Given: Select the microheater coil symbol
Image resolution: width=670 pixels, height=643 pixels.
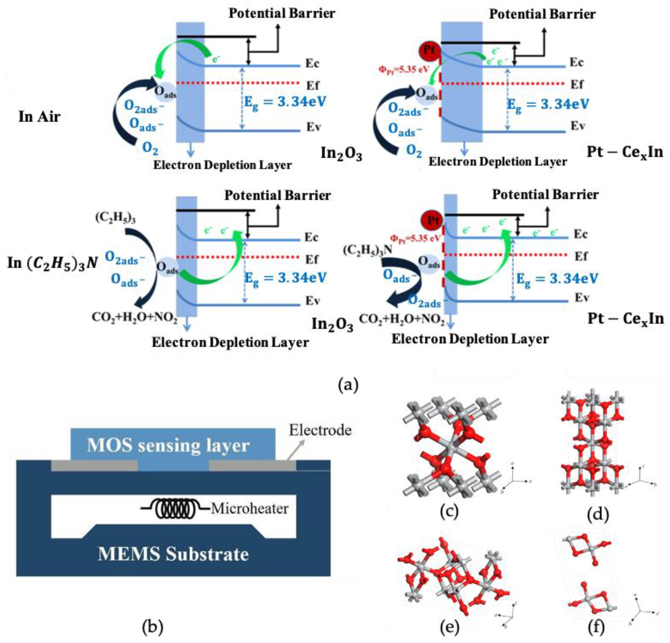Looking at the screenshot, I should tap(176, 509).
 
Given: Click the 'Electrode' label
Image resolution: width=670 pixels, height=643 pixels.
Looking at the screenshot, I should tap(320, 430).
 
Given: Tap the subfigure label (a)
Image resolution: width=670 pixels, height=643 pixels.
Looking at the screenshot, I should tap(348, 385).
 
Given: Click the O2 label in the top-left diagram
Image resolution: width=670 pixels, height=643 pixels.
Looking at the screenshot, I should tap(150, 148).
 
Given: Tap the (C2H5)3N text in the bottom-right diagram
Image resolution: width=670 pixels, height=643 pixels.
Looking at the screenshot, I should tap(367, 250).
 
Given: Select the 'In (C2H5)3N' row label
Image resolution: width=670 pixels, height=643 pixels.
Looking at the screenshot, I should tap(53, 263).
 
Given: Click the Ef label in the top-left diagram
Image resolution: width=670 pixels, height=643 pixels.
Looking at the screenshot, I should tap(312, 85).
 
